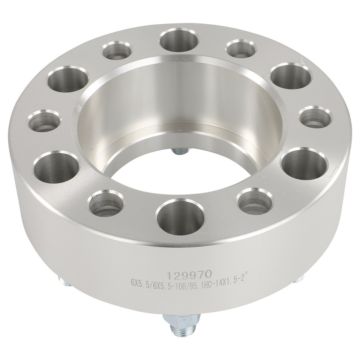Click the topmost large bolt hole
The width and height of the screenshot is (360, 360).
coord(179,39)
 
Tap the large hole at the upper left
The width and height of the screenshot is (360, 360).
coord(67,79)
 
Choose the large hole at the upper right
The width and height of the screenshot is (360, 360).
coord(291,76)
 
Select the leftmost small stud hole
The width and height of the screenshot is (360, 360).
coord(44,121)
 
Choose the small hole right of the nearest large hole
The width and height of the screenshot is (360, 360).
coord(255,201)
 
